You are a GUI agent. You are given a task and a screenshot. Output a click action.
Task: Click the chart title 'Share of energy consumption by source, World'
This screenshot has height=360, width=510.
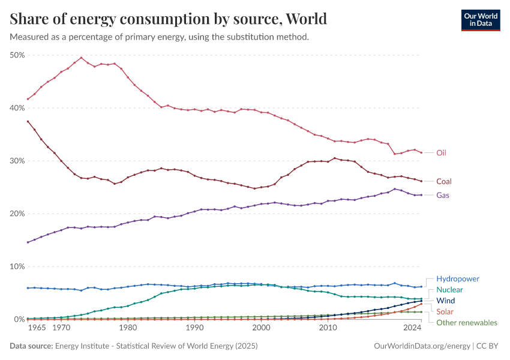169,19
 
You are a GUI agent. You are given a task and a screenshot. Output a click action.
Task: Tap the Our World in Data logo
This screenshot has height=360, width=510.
480,20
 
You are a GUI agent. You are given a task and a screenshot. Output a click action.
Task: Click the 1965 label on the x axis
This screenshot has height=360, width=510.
37,328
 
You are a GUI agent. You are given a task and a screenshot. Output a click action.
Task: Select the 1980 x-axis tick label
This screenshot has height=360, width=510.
127,328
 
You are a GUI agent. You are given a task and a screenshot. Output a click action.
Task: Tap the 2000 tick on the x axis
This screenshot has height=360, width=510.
261,328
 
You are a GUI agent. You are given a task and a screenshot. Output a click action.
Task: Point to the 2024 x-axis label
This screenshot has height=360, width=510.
412,328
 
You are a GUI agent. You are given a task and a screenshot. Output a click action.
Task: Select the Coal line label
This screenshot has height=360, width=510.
444,181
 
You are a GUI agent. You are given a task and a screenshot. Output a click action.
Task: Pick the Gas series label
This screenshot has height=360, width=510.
443,195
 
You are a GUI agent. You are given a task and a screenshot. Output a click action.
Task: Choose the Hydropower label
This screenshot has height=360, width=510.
458,279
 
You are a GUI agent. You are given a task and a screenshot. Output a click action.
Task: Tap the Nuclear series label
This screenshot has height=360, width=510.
449,290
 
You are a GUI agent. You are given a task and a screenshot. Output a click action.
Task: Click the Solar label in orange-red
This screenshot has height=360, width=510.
445,311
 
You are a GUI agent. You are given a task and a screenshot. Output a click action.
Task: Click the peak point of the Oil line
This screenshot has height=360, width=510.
81,58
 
